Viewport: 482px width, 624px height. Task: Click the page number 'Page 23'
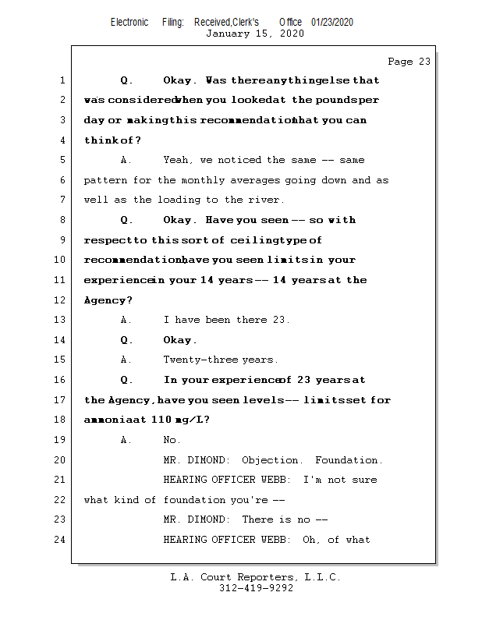(409, 62)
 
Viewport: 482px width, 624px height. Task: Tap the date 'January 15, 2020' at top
(254, 34)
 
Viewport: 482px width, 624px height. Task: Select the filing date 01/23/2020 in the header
(331, 22)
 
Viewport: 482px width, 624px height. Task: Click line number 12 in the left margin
(62, 300)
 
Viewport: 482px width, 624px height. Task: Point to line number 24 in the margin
(62, 540)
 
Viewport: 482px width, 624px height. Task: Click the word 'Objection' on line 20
(270, 460)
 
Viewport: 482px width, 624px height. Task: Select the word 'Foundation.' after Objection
(349, 460)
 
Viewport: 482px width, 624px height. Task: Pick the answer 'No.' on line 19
(172, 440)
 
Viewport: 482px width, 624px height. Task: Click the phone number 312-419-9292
(256, 588)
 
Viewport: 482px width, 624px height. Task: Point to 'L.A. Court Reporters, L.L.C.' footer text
(256, 577)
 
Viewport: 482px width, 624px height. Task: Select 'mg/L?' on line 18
(192, 420)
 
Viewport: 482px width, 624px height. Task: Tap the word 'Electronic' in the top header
(129, 22)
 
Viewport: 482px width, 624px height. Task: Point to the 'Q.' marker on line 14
(127, 340)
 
